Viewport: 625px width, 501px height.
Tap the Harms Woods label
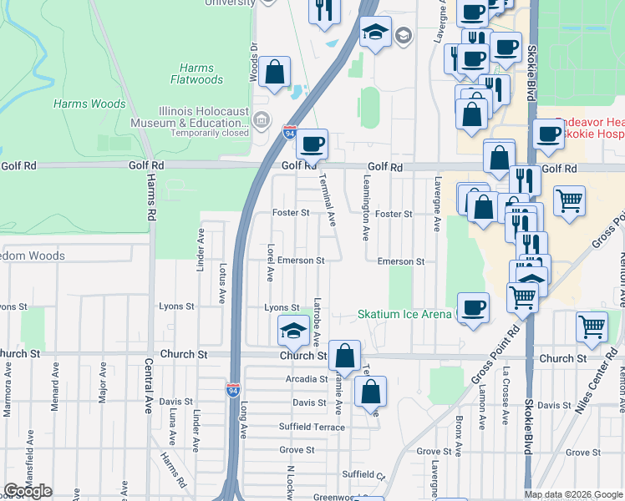(89, 104)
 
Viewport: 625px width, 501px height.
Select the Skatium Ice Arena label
(404, 315)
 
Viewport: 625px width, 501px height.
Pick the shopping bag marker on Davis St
(370, 391)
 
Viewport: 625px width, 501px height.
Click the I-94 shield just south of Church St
(231, 389)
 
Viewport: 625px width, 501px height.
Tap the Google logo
(28, 491)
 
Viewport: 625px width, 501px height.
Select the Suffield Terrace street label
(312, 427)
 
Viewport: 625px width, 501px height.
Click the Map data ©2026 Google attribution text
(572, 494)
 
